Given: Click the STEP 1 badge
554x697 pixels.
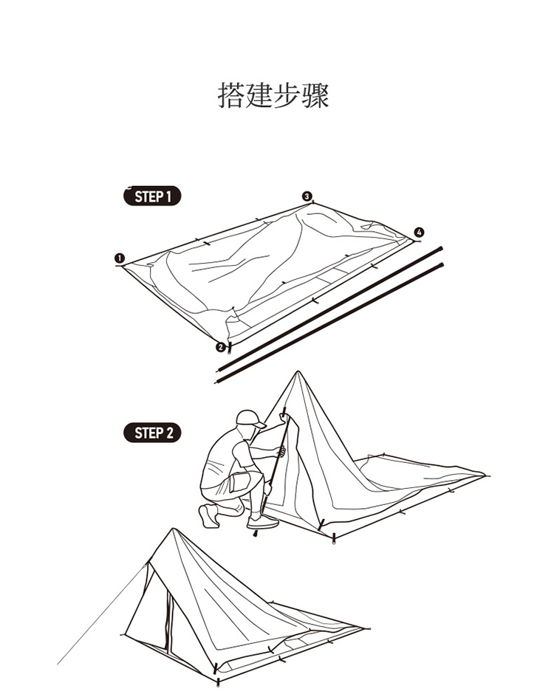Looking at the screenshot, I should [x=152, y=196].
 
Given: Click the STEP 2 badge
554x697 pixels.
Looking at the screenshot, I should [x=152, y=433].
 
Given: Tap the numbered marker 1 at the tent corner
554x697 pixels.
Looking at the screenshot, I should [x=119, y=258].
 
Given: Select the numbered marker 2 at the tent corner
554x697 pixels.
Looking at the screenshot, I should [x=220, y=347].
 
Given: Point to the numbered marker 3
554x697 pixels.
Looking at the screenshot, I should [x=307, y=196].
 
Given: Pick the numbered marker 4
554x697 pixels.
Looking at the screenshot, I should [x=420, y=233].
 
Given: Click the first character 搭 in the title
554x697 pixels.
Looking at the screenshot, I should [x=232, y=96].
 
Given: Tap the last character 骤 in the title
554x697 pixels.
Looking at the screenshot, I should [x=315, y=96].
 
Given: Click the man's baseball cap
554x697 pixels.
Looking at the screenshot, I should [x=250, y=418].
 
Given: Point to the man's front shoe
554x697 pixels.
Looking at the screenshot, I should [x=263, y=521].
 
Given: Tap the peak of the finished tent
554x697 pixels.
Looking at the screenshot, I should [x=173, y=529].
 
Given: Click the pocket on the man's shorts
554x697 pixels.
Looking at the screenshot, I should [x=236, y=482].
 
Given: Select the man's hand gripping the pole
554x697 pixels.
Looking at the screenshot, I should [x=281, y=451].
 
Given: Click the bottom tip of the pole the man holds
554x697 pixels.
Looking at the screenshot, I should [x=255, y=535].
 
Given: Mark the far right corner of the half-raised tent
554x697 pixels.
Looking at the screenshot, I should [x=485, y=475].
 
